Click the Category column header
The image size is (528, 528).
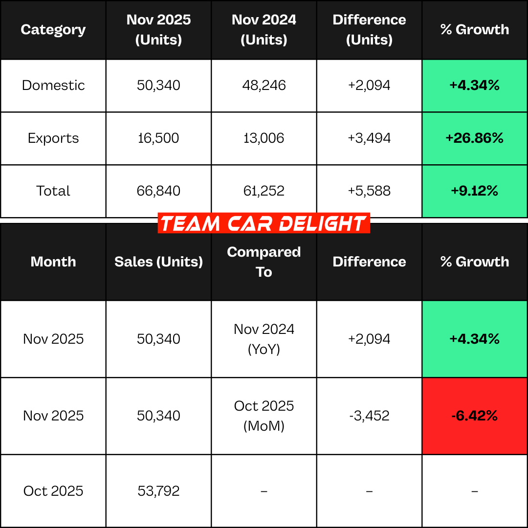coord(53,30)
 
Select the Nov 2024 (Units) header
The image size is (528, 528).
coord(264,30)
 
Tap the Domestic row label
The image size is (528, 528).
coord(53,86)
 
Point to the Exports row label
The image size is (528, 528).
coord(53,138)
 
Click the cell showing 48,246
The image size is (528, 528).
coord(264,86)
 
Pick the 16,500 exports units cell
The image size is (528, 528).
coord(158,138)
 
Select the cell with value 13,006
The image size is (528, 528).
coord(264,138)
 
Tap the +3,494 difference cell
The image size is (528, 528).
coord(369,138)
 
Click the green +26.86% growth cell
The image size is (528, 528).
coord(474,138)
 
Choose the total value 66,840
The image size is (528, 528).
coord(158,191)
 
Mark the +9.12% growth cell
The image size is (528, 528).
coord(474,191)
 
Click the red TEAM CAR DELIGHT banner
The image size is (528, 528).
coord(264,223)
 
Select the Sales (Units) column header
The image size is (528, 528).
coord(158,262)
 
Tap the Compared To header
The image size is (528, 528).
coord(264,262)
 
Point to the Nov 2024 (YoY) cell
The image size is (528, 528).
coord(264,339)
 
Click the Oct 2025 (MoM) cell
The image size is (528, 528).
coord(264,416)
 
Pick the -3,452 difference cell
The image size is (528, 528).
coord(369,416)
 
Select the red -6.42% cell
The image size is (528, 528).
coord(474,416)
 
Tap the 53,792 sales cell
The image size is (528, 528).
coord(158,491)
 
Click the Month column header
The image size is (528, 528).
coord(53,262)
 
